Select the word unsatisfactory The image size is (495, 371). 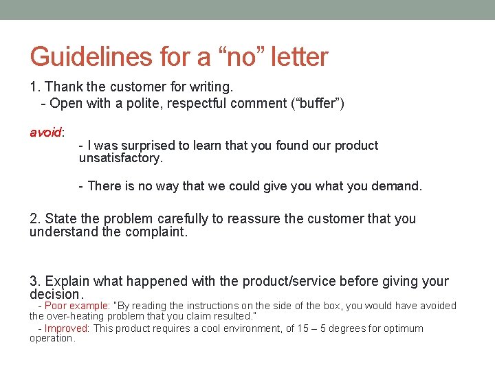(120, 158)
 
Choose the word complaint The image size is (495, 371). (155, 232)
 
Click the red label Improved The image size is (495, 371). (67, 328)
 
